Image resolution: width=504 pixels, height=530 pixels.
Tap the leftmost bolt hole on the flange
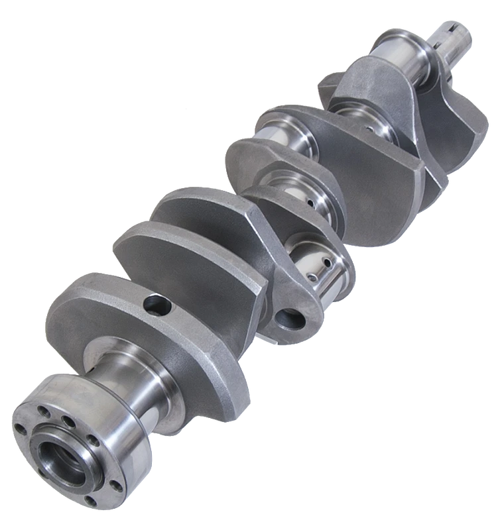pos(21,427)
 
